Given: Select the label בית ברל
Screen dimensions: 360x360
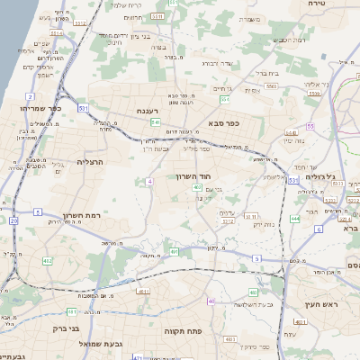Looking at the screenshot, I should click(x=256, y=73).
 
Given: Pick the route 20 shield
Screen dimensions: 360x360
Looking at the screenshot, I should click(x=13, y=220).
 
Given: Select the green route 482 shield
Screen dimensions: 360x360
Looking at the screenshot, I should click(x=47, y=261).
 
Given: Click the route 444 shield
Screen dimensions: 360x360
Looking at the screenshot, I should click(x=295, y=218).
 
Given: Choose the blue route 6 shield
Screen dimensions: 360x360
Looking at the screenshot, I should click(x=318, y=229).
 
